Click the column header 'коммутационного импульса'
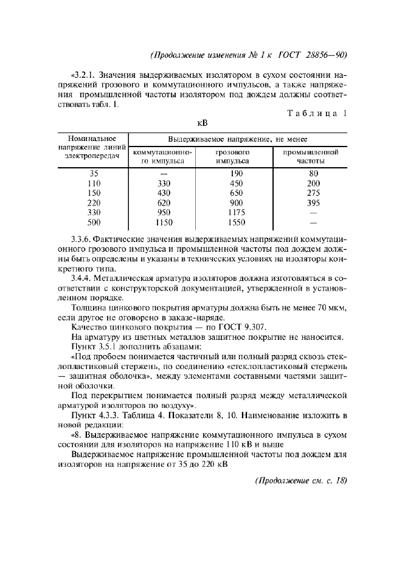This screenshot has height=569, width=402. click(x=162, y=156)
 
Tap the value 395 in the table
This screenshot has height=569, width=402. click(x=313, y=203)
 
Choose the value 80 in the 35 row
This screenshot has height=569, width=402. click(x=313, y=173)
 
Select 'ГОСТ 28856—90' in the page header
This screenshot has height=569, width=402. click(x=312, y=55)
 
